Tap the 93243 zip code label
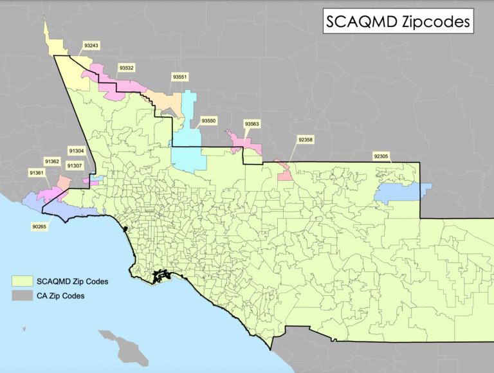coord(91,46)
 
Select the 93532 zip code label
coord(126,67)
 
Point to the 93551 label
coord(179,77)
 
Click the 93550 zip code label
coord(208,120)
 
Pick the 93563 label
coord(252,123)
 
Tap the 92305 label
coord(381,156)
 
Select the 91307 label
coord(75,165)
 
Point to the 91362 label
coord(51,161)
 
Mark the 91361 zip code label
coord(36,172)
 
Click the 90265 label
coord(39,226)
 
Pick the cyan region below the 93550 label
coord(188,151)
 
